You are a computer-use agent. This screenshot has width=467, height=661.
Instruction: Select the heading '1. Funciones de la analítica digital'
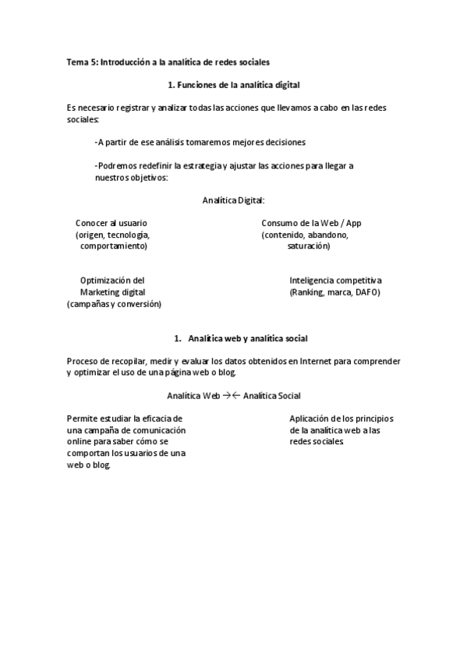(234, 83)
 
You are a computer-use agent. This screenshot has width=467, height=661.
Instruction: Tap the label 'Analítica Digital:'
(233, 200)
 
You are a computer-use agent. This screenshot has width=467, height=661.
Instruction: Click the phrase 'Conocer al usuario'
(111, 223)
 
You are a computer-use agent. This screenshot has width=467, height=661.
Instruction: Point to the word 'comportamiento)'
(113, 246)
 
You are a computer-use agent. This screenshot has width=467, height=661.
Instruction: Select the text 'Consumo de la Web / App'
(311, 223)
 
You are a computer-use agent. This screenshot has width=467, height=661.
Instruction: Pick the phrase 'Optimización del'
(111, 281)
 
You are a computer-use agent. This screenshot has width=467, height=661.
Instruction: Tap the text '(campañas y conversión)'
(114, 304)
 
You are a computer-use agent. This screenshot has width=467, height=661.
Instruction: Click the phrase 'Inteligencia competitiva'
(335, 281)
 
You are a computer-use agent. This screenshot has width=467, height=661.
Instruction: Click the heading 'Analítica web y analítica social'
(248, 338)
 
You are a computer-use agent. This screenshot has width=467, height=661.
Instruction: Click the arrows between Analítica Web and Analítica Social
(231, 396)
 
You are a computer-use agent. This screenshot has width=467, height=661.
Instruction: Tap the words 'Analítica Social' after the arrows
(272, 396)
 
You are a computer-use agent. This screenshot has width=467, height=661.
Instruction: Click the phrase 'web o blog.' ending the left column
(89, 465)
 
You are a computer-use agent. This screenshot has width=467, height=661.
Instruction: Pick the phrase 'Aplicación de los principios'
(342, 419)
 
